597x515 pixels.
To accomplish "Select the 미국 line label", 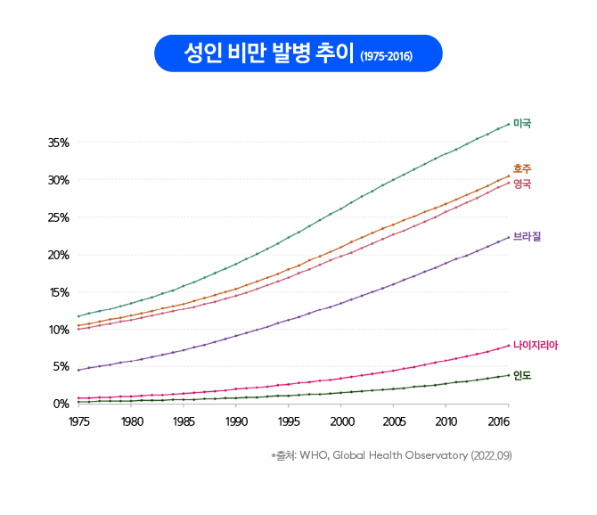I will (x=522, y=123).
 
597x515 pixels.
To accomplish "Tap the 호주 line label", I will (x=522, y=168).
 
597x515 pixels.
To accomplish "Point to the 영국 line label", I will (x=522, y=184).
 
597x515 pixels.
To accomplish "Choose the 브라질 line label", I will (x=527, y=237).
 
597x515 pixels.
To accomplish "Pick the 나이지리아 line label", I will (x=534, y=344).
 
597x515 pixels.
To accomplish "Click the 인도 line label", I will (x=522, y=375).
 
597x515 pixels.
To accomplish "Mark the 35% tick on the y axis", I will (x=59, y=143).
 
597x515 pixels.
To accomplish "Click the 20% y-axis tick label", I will (x=59, y=255).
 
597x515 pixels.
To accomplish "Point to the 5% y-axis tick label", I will (x=61, y=366).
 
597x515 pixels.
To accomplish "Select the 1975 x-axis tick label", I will (x=79, y=421).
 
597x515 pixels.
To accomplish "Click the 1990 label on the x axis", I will (x=236, y=421).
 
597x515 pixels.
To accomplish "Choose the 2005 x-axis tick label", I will (x=394, y=421).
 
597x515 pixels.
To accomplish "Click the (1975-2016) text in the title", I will (x=386, y=55).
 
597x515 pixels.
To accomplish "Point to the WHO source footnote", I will (x=392, y=456).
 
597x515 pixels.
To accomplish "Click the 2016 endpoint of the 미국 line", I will (x=509, y=124).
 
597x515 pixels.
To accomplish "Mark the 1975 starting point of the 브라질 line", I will (x=79, y=370).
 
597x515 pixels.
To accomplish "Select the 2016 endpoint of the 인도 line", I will (x=509, y=375).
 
